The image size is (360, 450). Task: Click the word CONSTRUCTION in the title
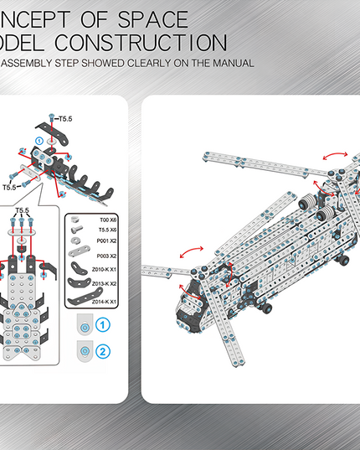tap(148, 42)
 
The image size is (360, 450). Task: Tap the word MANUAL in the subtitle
tap(231, 63)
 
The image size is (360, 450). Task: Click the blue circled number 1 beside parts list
tap(103, 324)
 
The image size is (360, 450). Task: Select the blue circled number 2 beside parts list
tap(103, 350)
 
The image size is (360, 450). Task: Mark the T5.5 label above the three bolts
tap(23, 210)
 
